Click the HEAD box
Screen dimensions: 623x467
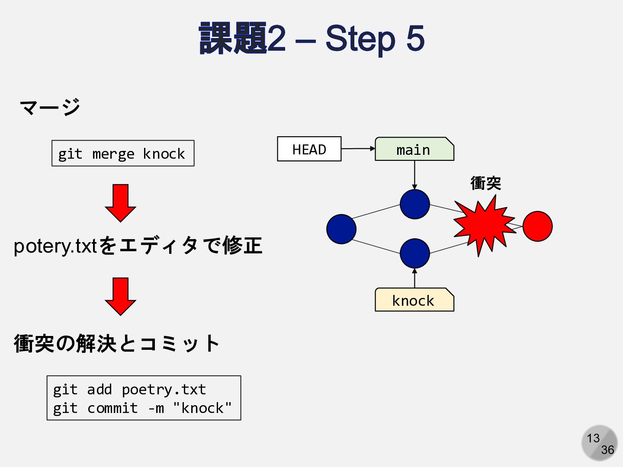[309, 149]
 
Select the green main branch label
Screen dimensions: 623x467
[414, 149]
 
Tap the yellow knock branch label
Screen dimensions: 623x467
[414, 300]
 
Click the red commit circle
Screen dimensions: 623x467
[538, 226]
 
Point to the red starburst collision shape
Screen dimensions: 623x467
[484, 225]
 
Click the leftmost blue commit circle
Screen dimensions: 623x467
[341, 229]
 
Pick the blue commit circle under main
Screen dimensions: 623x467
[414, 204]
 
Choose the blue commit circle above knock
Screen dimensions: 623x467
[414, 253]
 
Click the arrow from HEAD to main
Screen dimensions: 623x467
[358, 148]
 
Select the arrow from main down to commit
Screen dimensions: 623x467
[414, 175]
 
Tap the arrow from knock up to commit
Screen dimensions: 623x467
[414, 278]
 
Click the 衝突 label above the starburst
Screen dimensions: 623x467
[485, 183]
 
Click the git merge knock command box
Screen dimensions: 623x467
[123, 153]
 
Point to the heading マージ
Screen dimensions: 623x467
[50, 107]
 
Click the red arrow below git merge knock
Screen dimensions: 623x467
[120, 203]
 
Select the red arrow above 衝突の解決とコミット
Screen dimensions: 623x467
[120, 297]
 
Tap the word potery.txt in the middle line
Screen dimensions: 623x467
[55, 246]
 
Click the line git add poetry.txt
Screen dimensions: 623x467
[129, 390]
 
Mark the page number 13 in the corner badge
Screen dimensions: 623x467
[593, 438]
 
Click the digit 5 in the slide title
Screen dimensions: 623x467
[415, 38]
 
